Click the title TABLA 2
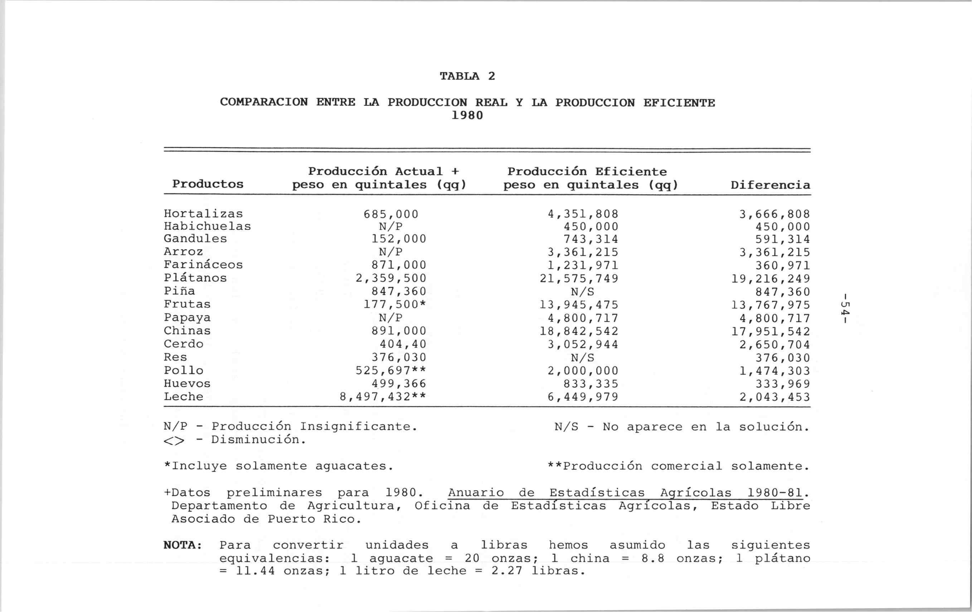click(467, 76)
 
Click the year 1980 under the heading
click(467, 116)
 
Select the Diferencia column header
click(770, 185)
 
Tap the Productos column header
click(208, 184)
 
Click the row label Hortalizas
click(203, 214)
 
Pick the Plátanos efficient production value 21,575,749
click(579, 278)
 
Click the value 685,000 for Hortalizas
click(391, 214)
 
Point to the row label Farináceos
click(203, 265)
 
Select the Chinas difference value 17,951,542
click(771, 331)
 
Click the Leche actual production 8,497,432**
click(383, 397)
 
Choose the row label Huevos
click(187, 384)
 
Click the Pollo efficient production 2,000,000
click(583, 370)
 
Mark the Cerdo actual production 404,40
click(403, 344)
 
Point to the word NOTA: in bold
click(183, 545)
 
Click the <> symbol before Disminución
click(174, 441)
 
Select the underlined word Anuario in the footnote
click(476, 493)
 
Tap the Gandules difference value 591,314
click(783, 239)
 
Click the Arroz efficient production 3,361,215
click(583, 252)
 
